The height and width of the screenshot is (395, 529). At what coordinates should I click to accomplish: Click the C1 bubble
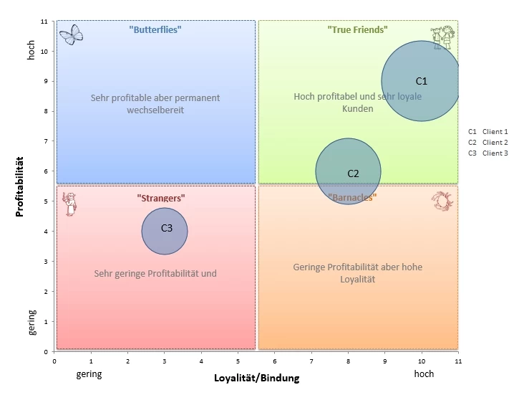coord(421,81)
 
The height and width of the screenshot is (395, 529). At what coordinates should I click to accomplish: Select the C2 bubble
coord(348,171)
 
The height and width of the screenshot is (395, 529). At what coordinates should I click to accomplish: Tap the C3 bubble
coord(165,231)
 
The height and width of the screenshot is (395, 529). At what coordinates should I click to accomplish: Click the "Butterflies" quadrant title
coord(155,29)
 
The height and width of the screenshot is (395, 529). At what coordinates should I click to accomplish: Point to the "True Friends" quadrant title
coord(357,29)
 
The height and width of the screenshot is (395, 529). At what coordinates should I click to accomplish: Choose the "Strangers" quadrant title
coord(161,197)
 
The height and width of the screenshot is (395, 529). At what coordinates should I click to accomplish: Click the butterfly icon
coord(71,34)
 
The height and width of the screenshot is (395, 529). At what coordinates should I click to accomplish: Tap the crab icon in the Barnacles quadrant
coord(442,201)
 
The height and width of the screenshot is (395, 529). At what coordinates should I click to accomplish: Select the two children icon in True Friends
coord(441,37)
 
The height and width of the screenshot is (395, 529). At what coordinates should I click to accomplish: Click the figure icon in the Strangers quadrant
coord(69,204)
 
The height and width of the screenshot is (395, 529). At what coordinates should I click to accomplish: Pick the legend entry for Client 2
coord(487,142)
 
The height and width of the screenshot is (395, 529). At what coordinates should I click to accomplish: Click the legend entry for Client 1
coord(487,131)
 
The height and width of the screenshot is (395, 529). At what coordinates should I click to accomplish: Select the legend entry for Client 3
coord(487,153)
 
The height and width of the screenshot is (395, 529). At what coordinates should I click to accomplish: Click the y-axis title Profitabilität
coord(20,186)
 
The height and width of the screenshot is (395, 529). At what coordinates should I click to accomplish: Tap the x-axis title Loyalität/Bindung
coord(256,377)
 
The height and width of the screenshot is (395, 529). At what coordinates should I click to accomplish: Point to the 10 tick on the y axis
coord(44,52)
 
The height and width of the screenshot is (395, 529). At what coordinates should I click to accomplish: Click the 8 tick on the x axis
coord(348,361)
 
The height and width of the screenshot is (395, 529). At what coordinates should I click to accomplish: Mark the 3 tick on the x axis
coord(165,361)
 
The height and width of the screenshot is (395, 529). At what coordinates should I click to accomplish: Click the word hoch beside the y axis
coord(31,50)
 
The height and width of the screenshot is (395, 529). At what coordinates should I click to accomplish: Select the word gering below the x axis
coord(89,373)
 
